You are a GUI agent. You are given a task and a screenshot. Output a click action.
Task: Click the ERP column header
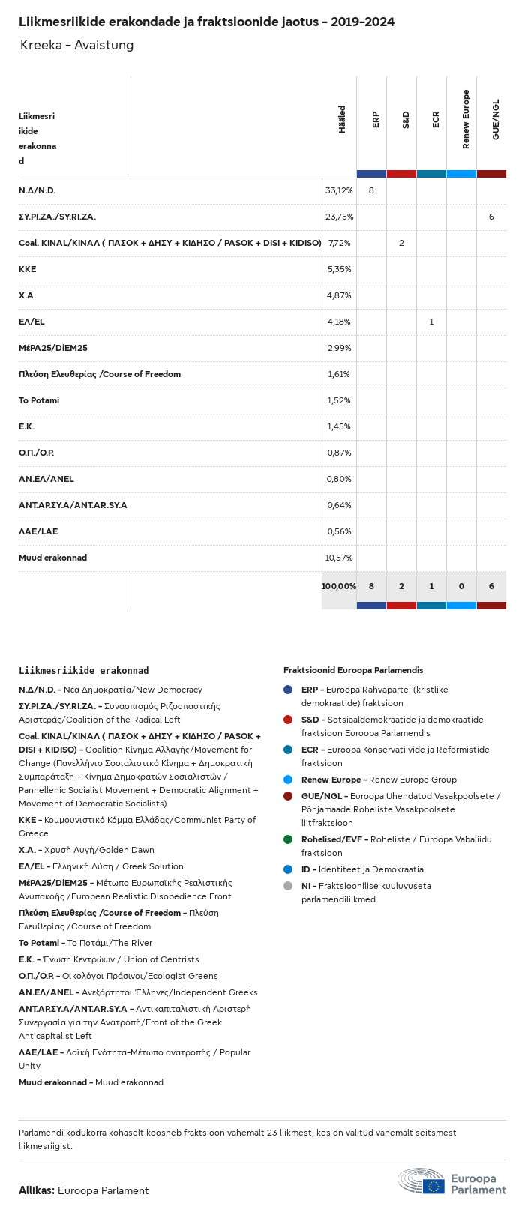coord(376,120)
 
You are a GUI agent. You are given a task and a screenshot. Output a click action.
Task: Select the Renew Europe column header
coord(466,119)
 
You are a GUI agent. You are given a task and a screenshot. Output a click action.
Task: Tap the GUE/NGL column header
coord(496,120)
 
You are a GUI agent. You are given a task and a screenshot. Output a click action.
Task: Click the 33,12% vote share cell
coord(339,190)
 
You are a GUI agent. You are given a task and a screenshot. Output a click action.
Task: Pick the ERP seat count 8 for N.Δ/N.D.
coord(371,190)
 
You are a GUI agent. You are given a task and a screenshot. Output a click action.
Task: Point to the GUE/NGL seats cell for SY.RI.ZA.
coord(491,217)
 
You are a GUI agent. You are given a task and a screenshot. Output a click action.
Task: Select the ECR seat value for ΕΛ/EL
coord(431,322)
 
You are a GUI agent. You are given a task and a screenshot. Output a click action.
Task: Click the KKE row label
coord(28,269)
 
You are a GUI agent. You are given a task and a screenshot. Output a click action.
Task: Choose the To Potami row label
coord(39,400)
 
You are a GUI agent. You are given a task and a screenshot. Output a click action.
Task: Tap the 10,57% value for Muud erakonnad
coord(339,558)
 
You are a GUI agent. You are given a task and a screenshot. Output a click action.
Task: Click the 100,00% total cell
coord(339,586)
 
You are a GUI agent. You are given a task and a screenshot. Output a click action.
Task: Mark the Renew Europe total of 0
coord(461,586)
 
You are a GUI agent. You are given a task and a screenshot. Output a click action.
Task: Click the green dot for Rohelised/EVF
coord(288,839)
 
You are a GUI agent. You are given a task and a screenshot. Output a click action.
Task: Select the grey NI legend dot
coord(288,886)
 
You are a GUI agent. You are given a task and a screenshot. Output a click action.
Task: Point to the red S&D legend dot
coord(288,720)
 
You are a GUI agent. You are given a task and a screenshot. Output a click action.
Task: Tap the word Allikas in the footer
coord(36,1190)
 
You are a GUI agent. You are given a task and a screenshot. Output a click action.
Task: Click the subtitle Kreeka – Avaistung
coord(77,45)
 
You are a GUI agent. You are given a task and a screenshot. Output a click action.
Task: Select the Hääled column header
coord(343,120)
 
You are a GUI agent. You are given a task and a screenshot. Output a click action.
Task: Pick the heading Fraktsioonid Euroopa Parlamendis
coord(353,670)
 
